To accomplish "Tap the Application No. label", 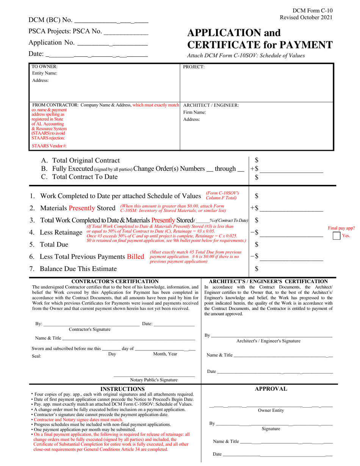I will (52, 43).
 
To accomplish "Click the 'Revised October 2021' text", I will (306, 17).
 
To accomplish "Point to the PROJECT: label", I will (194, 67).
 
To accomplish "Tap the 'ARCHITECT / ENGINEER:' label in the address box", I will (211, 105).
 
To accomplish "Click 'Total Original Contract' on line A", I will (86, 161).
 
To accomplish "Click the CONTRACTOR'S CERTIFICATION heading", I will (115, 281).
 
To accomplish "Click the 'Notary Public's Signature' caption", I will (154, 380).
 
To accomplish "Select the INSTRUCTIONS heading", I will (122, 389).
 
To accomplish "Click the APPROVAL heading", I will (271, 389).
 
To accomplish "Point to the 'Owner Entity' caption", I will (271, 410).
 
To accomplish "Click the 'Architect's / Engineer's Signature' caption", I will (268, 341).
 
